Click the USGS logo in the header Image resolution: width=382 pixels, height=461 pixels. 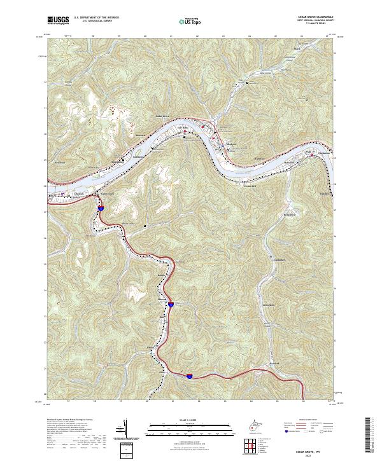click(x=58, y=20)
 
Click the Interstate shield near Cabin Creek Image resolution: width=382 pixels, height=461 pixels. click(x=101, y=207)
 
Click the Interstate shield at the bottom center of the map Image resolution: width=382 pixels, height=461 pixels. click(x=190, y=376)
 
